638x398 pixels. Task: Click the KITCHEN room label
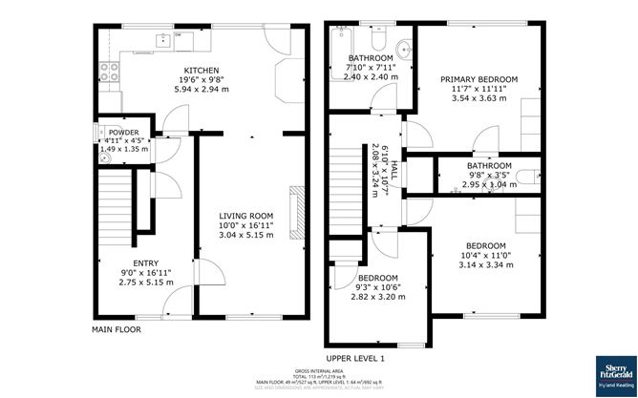(202, 71)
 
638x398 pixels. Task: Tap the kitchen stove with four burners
(107, 72)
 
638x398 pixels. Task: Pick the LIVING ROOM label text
(245, 216)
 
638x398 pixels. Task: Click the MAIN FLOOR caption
(117, 329)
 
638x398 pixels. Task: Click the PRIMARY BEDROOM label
(478, 79)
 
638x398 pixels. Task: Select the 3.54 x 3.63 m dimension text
(478, 97)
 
